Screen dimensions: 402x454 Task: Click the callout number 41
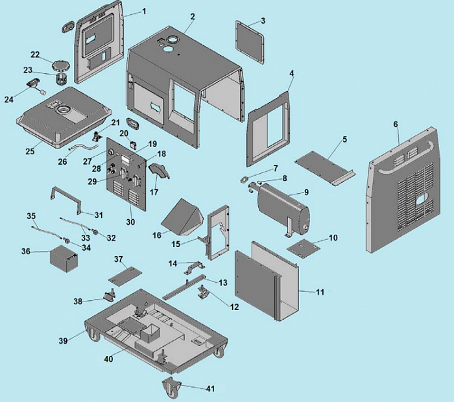pyautogui.click(x=209, y=389)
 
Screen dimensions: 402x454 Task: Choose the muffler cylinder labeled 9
pyautogui.click(x=281, y=207)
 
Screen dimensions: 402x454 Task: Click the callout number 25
pyautogui.click(x=30, y=151)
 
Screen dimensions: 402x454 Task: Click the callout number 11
pyautogui.click(x=320, y=292)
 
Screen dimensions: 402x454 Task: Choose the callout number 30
pyautogui.click(x=130, y=221)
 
